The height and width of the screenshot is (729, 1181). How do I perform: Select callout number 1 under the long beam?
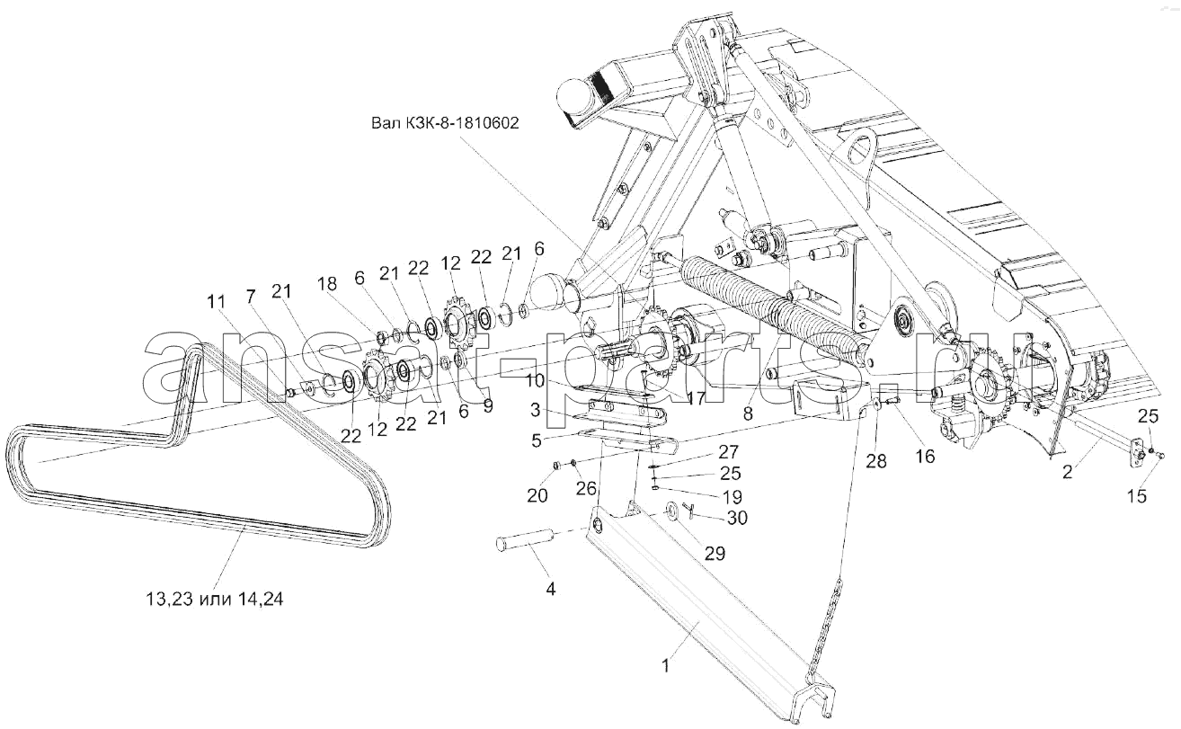pyautogui.click(x=666, y=666)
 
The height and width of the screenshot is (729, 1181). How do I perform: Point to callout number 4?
pyautogui.click(x=550, y=589)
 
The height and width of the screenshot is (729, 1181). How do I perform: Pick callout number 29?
pyautogui.click(x=715, y=553)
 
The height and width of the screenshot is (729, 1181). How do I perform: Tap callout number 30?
pyautogui.click(x=737, y=518)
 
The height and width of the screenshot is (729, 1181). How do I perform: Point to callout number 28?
pyautogui.click(x=875, y=460)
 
